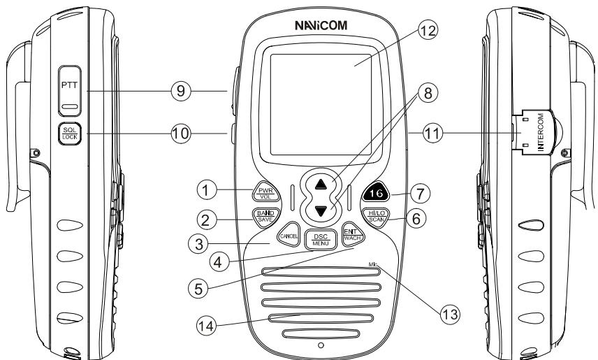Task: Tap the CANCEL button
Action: point(289,236)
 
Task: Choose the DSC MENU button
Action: point(320,238)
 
